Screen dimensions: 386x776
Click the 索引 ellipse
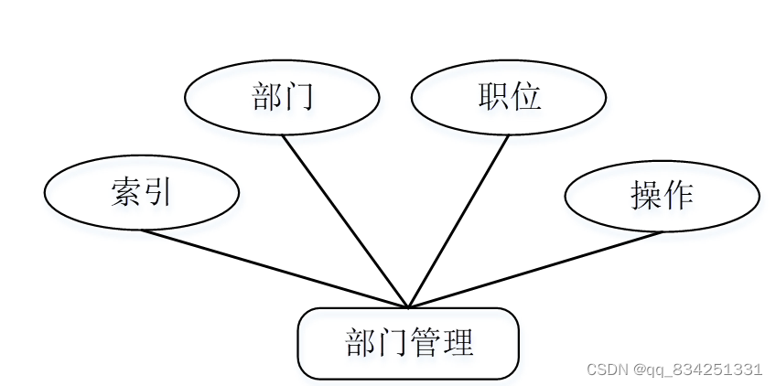[142, 193]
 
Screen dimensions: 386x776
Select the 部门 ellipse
[282, 98]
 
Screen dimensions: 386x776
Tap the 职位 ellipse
[508, 98]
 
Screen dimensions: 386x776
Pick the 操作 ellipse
[662, 195]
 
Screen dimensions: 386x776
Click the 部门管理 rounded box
[408, 343]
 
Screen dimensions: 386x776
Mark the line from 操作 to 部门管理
[535, 269]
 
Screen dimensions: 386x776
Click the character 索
[125, 193]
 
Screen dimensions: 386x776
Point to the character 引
[158, 193]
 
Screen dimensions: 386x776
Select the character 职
[492, 97]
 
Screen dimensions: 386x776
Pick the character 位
[526, 97]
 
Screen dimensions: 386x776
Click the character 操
[645, 195]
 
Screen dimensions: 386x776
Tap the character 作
[678, 195]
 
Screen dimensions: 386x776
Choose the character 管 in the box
[425, 343]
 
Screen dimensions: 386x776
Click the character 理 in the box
[458, 343]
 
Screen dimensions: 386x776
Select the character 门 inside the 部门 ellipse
[298, 97]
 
